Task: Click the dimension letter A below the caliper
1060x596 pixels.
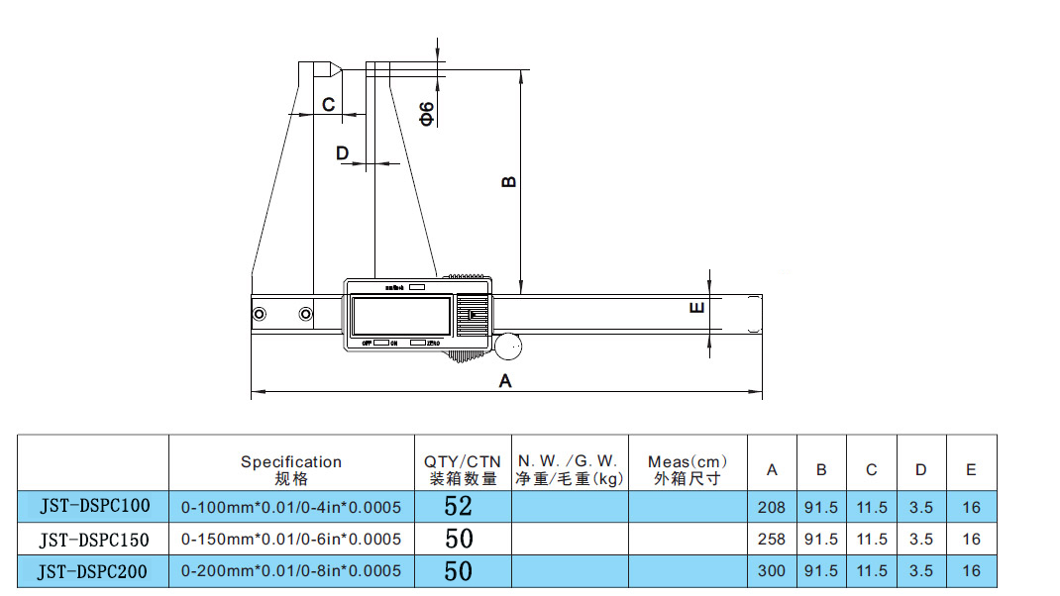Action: coord(504,381)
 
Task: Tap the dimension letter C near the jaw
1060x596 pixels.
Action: coord(329,104)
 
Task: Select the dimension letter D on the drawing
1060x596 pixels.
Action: coord(343,152)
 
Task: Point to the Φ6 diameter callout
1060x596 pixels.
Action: coord(427,113)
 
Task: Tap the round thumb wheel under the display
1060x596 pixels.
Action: coord(509,348)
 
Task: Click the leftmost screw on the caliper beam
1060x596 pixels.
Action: coord(260,315)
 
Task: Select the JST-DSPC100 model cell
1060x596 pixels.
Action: coord(94,507)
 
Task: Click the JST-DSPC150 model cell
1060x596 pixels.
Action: coord(94,539)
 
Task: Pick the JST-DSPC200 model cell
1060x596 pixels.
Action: coord(94,570)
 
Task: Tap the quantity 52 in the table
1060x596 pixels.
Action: coord(459,507)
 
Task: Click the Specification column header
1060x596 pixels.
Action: coord(291,469)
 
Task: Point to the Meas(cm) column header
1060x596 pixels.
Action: coord(688,469)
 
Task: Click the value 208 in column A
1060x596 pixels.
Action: coord(771,508)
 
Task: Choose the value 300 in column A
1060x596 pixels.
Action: coord(771,571)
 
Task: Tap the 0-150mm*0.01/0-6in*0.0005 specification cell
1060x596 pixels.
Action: coord(291,540)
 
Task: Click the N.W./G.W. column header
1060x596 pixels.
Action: coord(570,469)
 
